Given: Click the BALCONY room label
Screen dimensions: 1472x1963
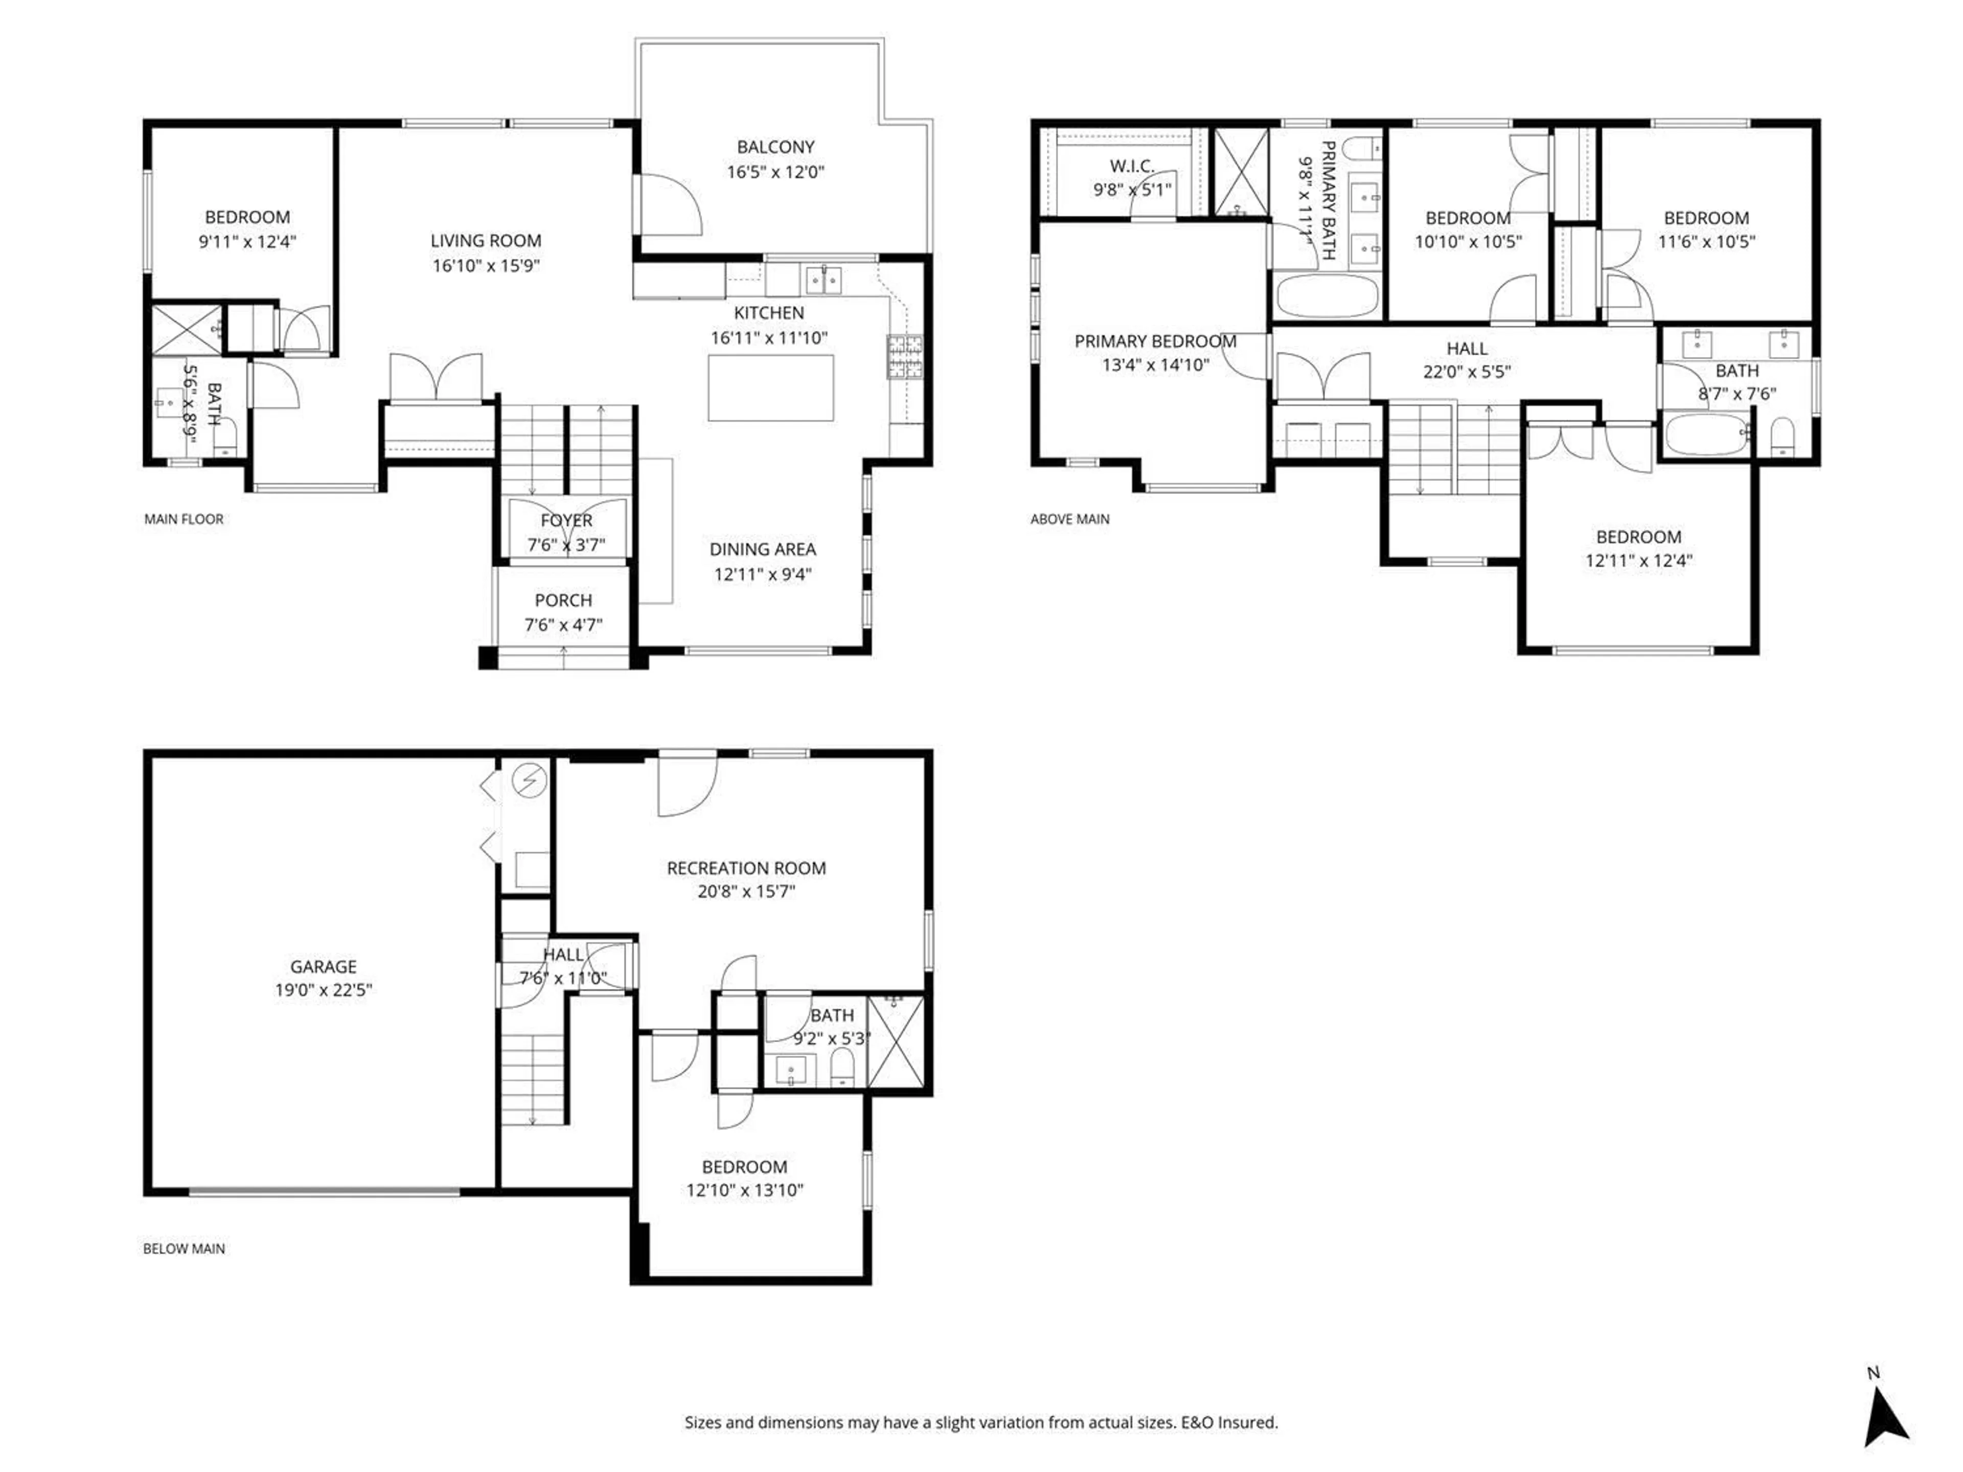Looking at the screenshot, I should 775,147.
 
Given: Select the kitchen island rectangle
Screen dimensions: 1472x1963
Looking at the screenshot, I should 770,388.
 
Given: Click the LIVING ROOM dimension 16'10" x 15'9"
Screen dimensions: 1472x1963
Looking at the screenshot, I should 486,265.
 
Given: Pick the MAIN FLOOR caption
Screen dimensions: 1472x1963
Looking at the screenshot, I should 184,519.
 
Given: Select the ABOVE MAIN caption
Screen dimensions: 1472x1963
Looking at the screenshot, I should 1069,519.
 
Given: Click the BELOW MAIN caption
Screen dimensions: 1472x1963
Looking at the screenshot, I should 184,1249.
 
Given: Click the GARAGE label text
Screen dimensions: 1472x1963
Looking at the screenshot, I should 323,966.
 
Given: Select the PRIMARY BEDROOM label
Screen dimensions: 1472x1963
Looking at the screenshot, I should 1155,341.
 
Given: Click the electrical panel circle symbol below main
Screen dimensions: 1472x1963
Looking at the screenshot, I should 530,781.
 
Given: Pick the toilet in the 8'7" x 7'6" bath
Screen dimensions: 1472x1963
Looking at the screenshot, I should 1782,436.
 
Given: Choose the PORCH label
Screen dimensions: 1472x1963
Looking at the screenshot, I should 563,601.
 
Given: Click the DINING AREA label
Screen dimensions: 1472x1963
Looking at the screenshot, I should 762,549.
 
